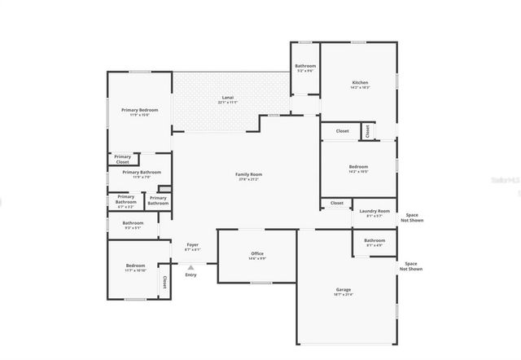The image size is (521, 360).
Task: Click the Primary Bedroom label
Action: coord(140,110)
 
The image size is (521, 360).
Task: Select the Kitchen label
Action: coord(360,82)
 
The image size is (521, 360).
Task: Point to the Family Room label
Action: coord(249,174)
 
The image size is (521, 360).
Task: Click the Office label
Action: coord(257,254)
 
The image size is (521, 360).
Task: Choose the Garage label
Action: coord(344,290)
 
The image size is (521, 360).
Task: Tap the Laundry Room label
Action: coord(374,211)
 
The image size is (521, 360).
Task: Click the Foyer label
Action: coord(192,244)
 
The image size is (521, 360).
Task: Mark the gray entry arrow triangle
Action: coord(191,266)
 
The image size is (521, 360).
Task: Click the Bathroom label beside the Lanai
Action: coord(305,66)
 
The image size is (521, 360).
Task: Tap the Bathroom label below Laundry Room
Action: coord(374,240)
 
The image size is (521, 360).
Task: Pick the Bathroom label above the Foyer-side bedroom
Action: coord(133,222)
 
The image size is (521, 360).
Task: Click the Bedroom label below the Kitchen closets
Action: coord(359,167)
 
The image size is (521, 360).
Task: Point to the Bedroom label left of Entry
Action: coord(136,266)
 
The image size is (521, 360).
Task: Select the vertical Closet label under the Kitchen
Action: coord(367,130)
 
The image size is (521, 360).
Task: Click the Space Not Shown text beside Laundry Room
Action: coord(410,217)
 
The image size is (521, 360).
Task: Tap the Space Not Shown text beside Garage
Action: coord(410,266)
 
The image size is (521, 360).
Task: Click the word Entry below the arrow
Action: coord(191,274)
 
